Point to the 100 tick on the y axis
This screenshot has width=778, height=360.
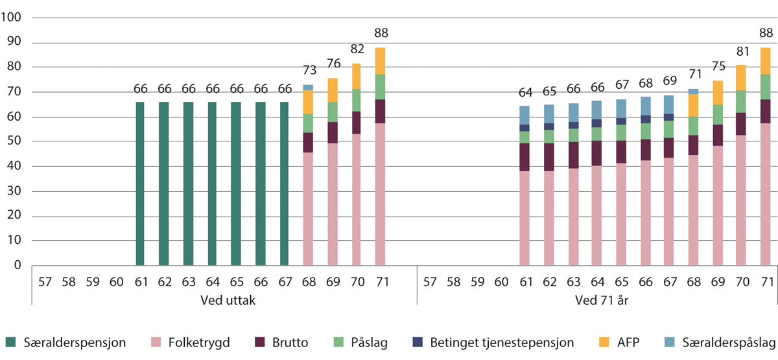[x=13, y=18]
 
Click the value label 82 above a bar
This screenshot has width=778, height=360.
[x=356, y=49]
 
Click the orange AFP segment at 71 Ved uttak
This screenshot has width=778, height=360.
[x=380, y=61]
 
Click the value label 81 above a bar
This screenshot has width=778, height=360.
[x=740, y=51]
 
